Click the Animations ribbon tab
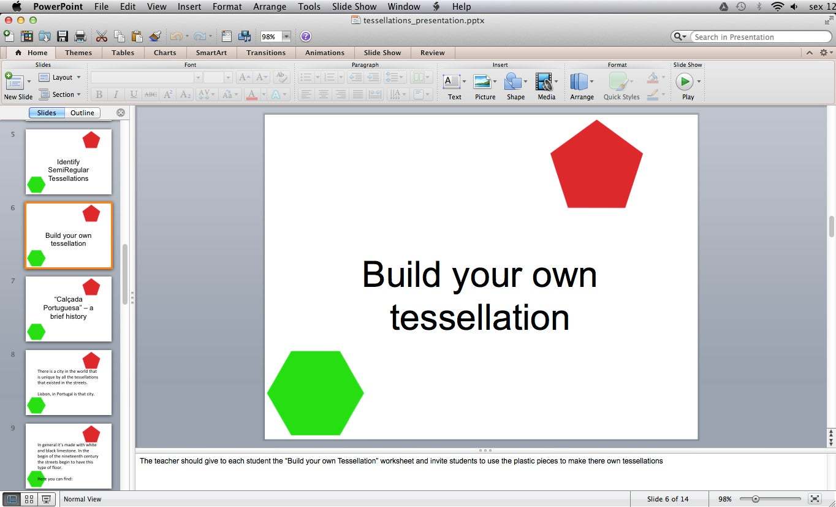(x=325, y=53)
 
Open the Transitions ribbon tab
(x=266, y=53)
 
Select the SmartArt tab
(x=211, y=53)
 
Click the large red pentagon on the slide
(x=596, y=166)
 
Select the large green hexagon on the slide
(x=315, y=393)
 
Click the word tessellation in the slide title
(x=479, y=318)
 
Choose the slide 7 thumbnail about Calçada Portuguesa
(x=69, y=308)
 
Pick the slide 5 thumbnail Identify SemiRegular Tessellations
(x=69, y=162)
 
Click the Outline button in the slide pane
(x=82, y=113)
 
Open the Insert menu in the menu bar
(x=189, y=7)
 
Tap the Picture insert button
(x=485, y=86)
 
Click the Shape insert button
(x=515, y=86)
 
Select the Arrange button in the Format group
(x=581, y=86)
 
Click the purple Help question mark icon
(x=306, y=37)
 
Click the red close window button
(x=9, y=20)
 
